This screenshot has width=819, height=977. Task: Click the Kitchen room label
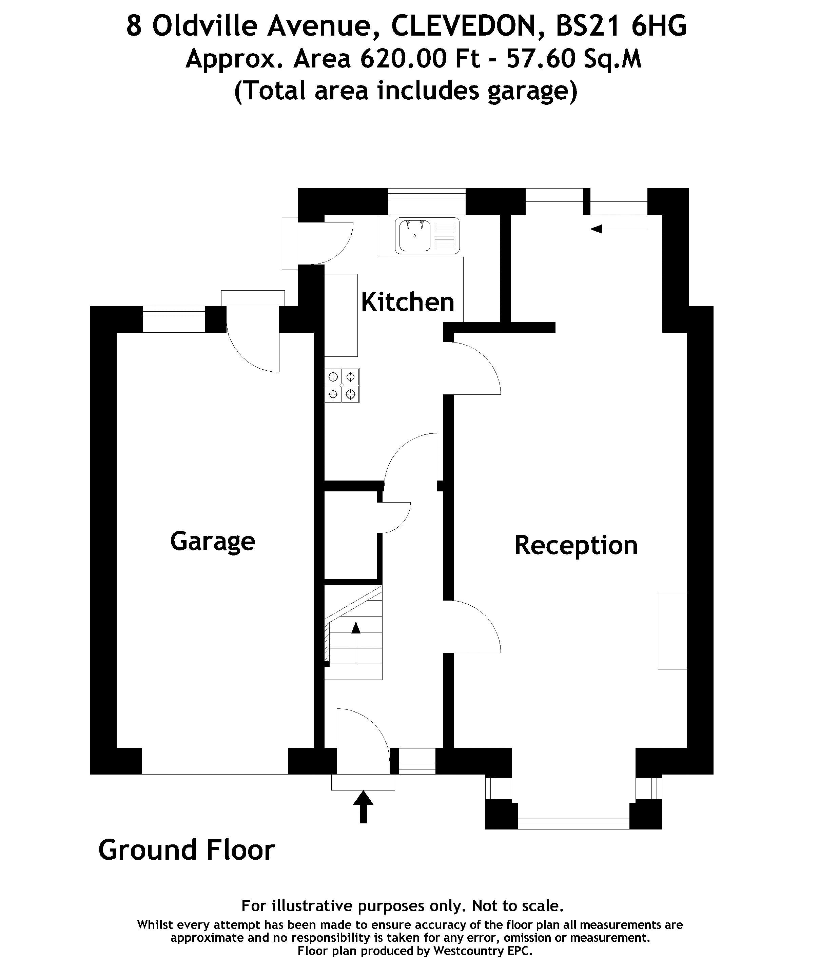click(408, 302)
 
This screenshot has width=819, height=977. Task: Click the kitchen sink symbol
click(428, 236)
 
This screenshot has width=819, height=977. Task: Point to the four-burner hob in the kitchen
click(342, 385)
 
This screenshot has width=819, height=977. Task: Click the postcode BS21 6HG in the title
click(621, 26)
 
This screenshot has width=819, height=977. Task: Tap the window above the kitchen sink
click(426, 201)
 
